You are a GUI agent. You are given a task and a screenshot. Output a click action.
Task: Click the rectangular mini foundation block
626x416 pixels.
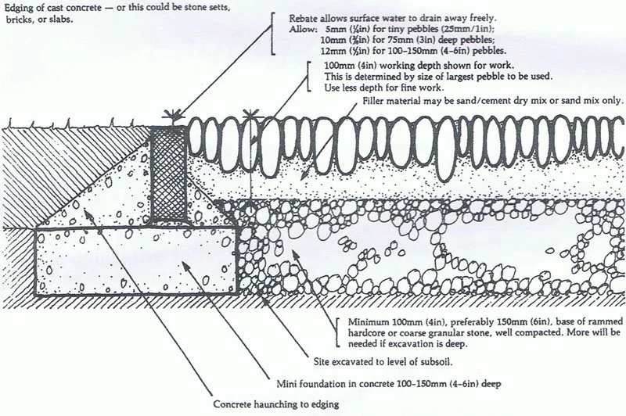[133, 258]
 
